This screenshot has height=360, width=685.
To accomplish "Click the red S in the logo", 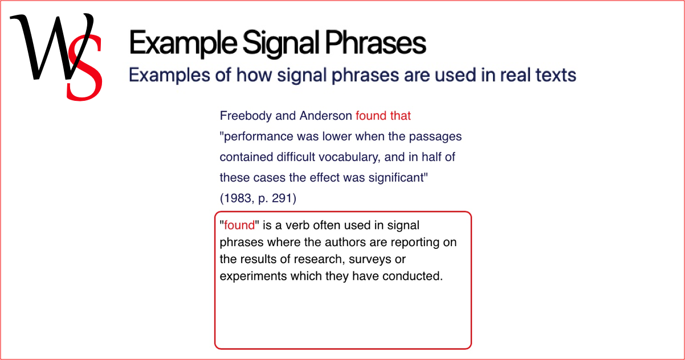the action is [84, 68].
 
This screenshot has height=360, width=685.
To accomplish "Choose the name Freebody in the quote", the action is [246, 116].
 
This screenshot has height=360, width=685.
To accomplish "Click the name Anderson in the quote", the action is [325, 116].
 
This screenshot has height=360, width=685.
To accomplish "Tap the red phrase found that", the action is [383, 116].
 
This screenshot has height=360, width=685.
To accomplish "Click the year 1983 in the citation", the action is [237, 198].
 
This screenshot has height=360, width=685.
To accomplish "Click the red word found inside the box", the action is [239, 225].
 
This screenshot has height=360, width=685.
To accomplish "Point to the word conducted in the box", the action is [413, 276].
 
